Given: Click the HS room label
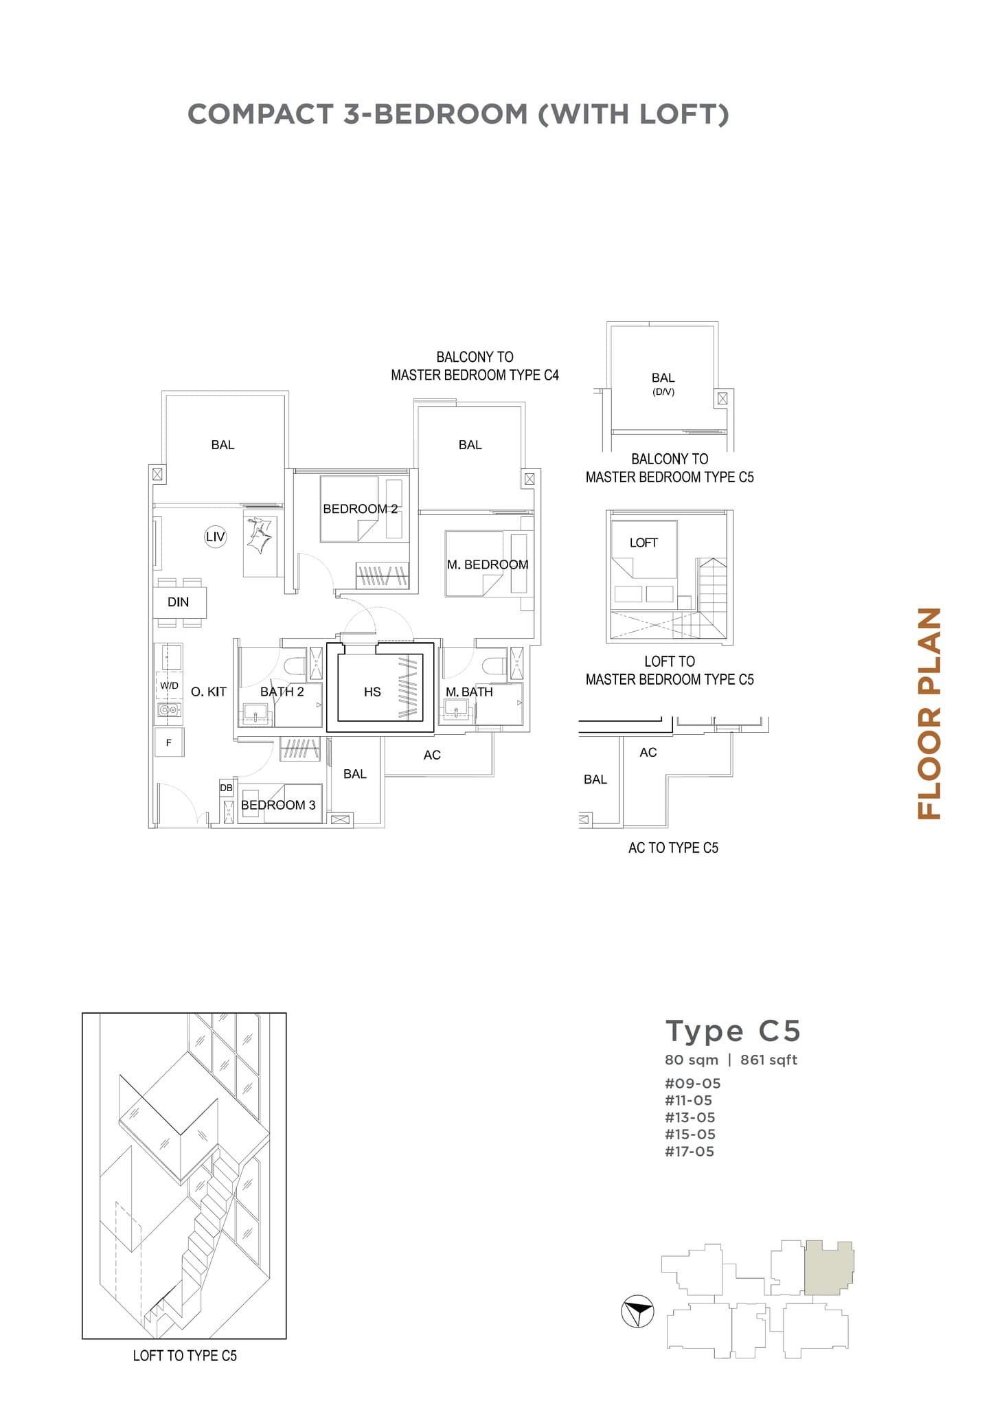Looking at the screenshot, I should point(372,692).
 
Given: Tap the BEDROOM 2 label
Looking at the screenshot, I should point(360,509).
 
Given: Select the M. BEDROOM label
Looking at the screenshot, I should point(488,565).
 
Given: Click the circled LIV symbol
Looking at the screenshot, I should point(216,537).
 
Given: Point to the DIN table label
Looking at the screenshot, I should point(178,602).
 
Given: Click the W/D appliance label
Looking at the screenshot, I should point(169,685).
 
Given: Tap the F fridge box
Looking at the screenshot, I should point(169,743).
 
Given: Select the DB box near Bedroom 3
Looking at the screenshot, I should point(226,788).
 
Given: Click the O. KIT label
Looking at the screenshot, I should point(209,692).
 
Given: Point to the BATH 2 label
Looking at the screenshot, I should point(282,692).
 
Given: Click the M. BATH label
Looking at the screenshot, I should point(469,692).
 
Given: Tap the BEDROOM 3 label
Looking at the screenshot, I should point(278,805).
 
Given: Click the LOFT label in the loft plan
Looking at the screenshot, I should point(643,543).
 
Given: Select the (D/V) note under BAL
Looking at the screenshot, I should point(663,392).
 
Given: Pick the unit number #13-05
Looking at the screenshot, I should point(690,1117).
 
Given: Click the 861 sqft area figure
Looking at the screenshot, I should point(768,1060).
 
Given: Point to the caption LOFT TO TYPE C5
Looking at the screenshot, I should point(185,1356).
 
